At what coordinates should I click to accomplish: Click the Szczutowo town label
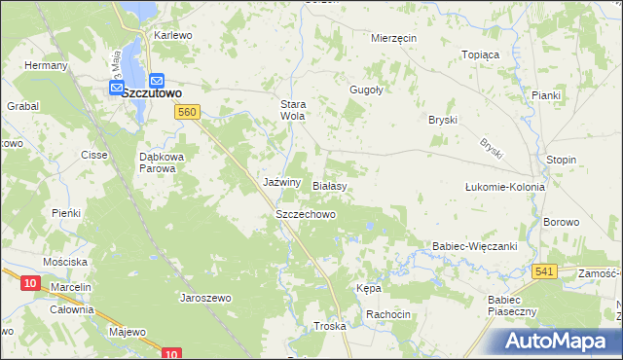(154, 92)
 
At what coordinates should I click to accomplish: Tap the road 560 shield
(188, 113)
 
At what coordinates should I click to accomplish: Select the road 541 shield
(545, 270)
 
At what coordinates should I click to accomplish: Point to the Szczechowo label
(306, 214)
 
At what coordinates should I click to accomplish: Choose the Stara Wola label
(293, 109)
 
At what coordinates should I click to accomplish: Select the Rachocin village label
(387, 314)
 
